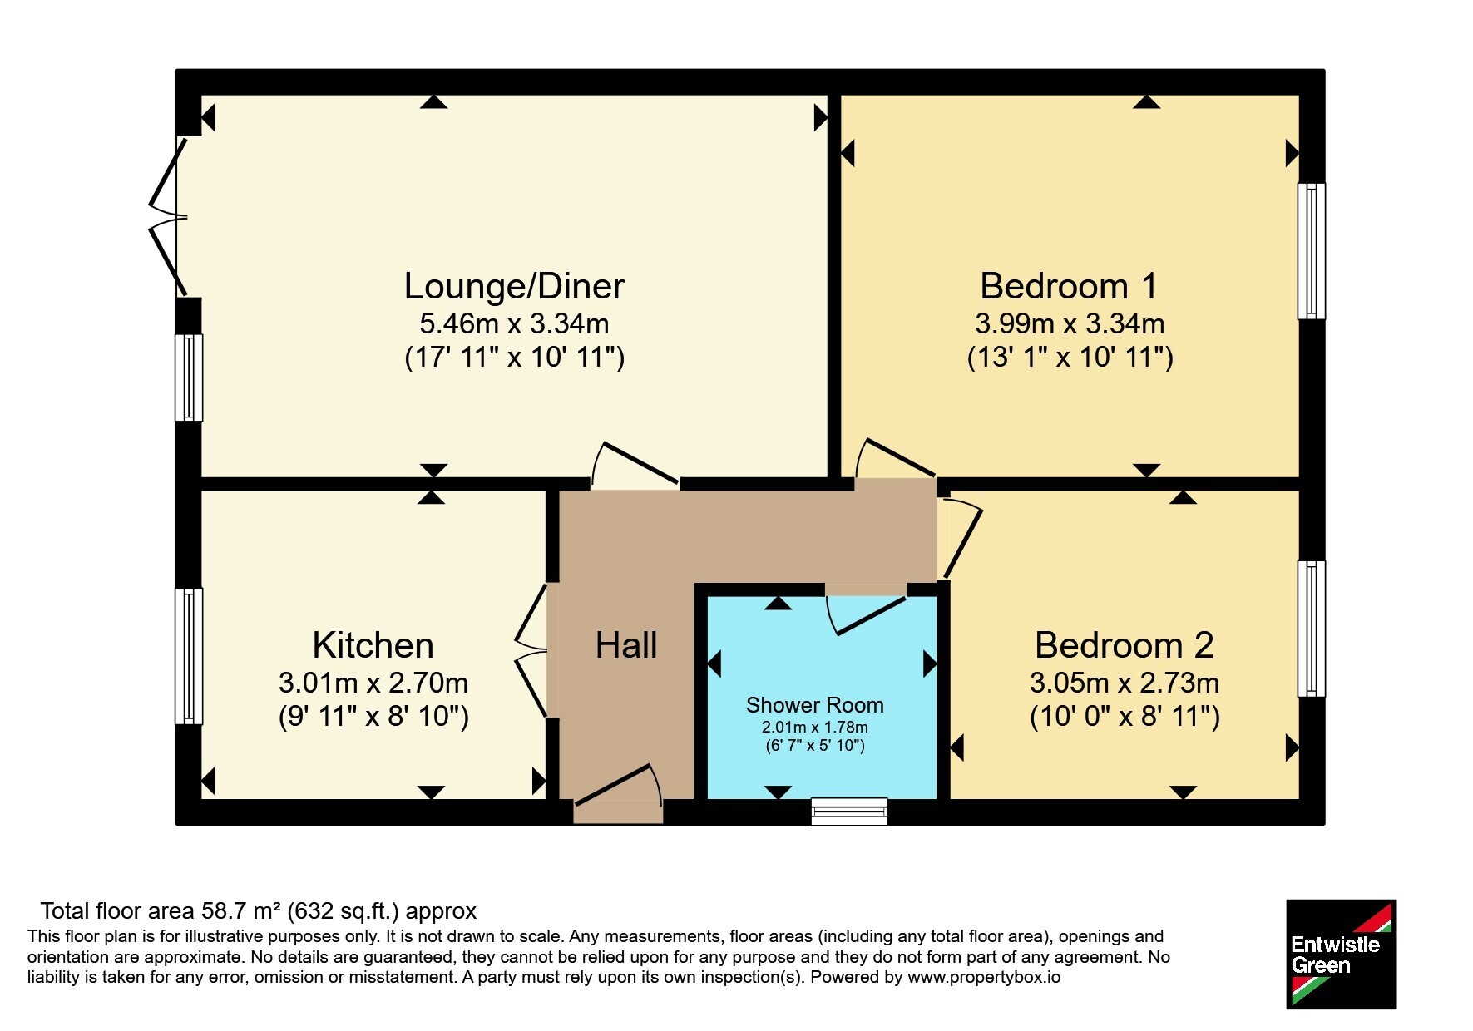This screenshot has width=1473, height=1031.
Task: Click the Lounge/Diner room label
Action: point(514,286)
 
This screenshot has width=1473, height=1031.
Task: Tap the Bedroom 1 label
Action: point(1069,286)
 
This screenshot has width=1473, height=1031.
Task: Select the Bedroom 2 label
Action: point(1124,645)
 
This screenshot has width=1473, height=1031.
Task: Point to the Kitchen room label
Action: point(373,645)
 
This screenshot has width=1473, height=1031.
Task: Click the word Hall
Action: point(626,645)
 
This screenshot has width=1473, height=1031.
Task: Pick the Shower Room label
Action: point(815,705)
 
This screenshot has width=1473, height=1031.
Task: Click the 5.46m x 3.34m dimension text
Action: point(514,323)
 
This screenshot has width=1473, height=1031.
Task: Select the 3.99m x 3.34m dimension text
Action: point(1070,323)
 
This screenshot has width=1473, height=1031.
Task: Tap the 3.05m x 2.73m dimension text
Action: point(1125,683)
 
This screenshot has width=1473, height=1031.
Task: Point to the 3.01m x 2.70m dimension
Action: point(373,683)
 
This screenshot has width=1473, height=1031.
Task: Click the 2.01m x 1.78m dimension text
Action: point(815,727)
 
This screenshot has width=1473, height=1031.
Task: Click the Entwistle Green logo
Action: point(1341,955)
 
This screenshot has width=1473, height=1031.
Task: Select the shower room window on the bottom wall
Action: point(849,811)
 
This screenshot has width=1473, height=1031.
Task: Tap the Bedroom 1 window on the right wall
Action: point(1312,251)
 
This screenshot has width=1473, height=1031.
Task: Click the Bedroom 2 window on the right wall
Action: point(1312,629)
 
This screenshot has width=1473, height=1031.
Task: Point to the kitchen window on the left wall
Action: point(189,656)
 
